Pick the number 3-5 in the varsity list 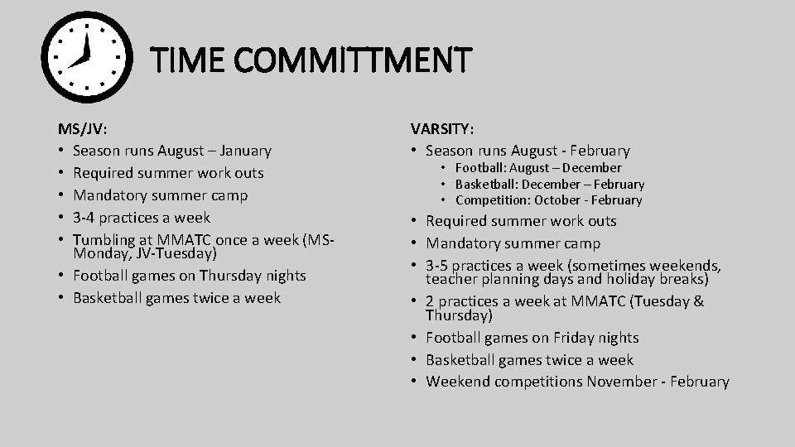[x=439, y=266]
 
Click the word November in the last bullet [x=623, y=382]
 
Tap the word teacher [x=450, y=279]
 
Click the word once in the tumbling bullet [x=233, y=240]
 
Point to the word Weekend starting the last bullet [x=457, y=382]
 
